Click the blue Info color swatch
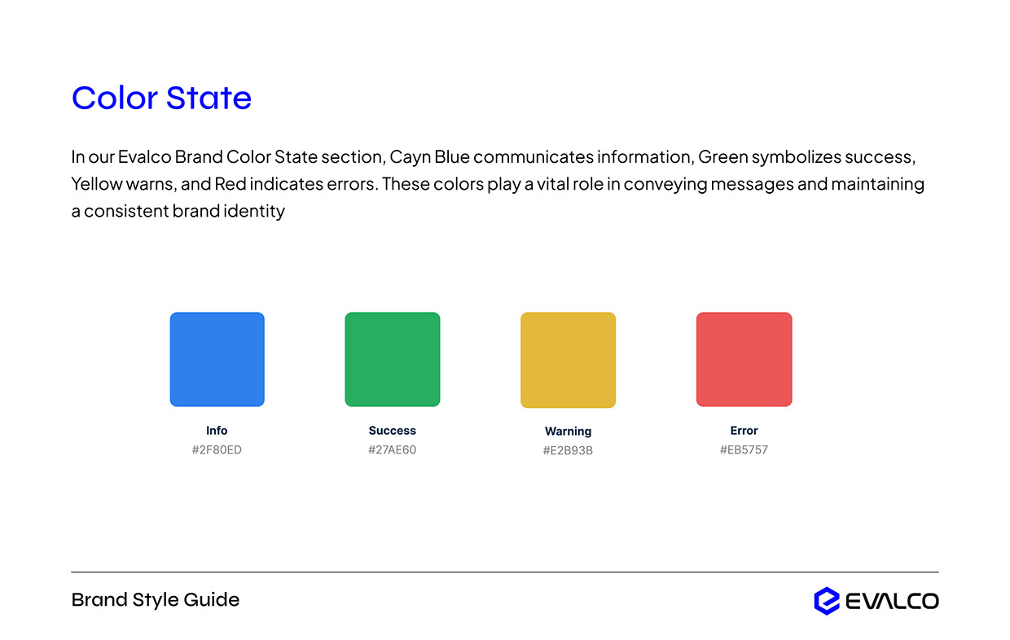tap(217, 359)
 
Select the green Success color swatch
tap(392, 359)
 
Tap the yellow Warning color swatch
tap(568, 359)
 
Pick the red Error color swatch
tap(744, 359)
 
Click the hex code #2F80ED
tap(217, 449)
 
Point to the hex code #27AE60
tap(392, 449)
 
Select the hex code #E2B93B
tap(568, 450)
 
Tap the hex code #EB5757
tap(744, 449)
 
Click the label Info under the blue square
tap(217, 431)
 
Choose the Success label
tap(392, 431)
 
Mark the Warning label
tap(568, 432)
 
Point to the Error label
tap(744, 431)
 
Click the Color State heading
tap(161, 99)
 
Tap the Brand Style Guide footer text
tap(156, 600)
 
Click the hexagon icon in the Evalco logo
tap(826, 601)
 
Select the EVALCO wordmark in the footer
tap(892, 602)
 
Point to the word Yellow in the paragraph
tap(96, 184)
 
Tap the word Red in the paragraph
tap(231, 184)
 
